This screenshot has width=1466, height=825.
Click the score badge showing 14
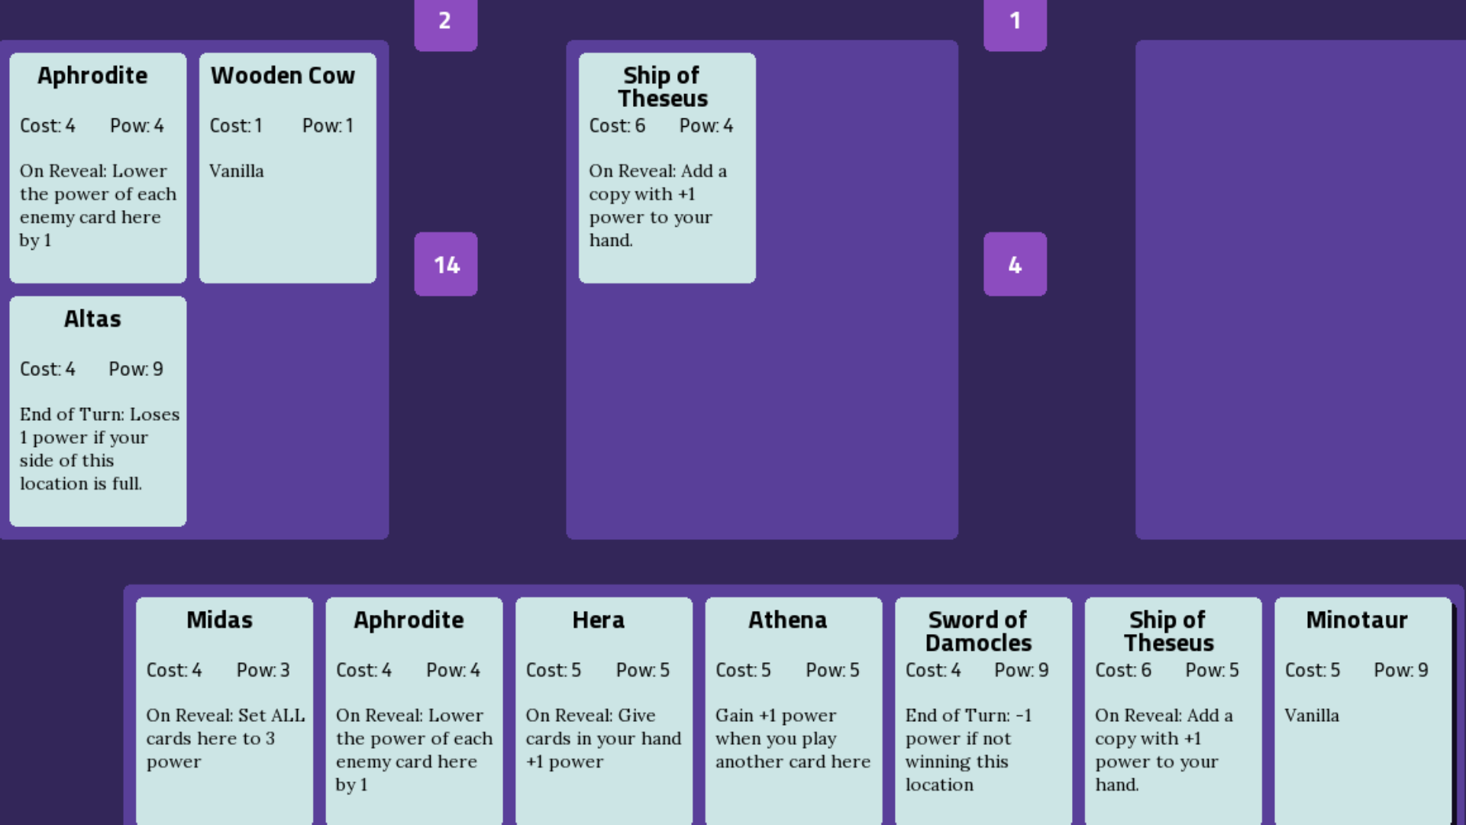click(446, 264)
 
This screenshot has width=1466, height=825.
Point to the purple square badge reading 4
click(1015, 264)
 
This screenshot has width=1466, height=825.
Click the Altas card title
click(92, 319)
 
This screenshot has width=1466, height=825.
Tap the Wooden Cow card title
click(283, 76)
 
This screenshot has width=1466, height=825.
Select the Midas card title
click(219, 620)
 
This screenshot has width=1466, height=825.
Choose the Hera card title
click(599, 620)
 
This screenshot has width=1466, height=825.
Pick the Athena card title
click(787, 620)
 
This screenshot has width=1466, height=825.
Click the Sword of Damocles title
click(978, 631)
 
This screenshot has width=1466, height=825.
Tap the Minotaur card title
click(1357, 620)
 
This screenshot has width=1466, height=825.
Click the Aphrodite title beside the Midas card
click(408, 620)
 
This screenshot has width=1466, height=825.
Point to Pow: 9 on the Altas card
click(136, 369)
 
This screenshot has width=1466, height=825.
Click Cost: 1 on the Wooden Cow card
click(236, 125)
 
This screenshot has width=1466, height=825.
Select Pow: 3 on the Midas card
click(263, 670)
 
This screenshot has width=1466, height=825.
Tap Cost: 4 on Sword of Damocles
click(933, 670)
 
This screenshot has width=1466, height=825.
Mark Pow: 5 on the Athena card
click(832, 670)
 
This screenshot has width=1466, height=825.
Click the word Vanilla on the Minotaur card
click(1312, 716)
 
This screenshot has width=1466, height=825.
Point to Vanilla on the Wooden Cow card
click(237, 171)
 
